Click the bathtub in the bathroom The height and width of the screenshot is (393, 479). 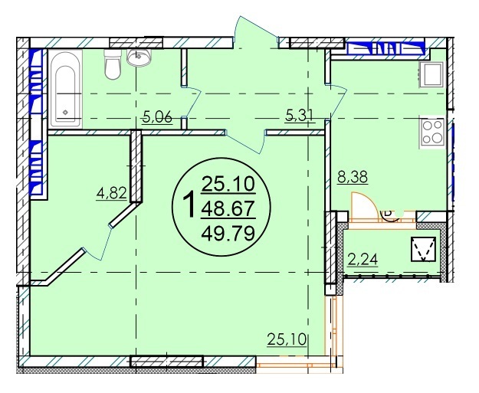tap(65, 89)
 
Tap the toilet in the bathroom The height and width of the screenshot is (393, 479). tap(112, 65)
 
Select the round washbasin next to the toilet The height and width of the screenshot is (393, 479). tap(139, 57)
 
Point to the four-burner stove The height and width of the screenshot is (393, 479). tap(432, 133)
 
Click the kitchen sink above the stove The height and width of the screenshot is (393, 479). tap(431, 74)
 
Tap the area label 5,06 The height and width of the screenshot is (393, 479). tap(158, 117)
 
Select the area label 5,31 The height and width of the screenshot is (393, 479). tap(300, 116)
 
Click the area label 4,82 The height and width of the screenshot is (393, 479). tap(111, 193)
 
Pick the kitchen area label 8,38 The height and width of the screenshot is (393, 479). tap(353, 177)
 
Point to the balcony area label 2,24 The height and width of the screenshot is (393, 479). tap(363, 260)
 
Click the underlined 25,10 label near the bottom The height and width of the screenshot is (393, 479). tap(287, 339)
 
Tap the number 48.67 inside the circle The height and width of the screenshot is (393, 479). tap(228, 209)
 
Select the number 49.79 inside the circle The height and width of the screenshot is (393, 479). tap(228, 234)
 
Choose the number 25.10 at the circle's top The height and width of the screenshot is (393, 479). tap(228, 185)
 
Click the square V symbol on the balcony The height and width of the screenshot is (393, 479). tap(423, 249)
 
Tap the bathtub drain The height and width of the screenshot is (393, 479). tap(65, 113)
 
